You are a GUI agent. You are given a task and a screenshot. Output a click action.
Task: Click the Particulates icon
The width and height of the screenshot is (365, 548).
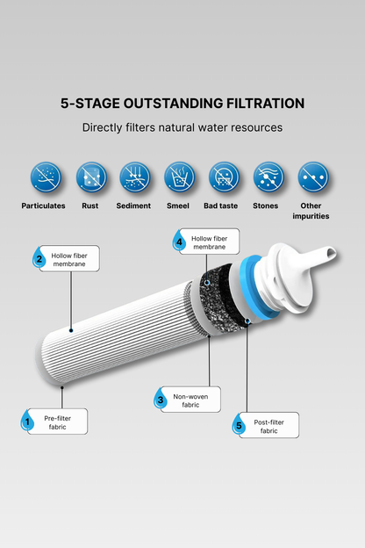click(x=46, y=177)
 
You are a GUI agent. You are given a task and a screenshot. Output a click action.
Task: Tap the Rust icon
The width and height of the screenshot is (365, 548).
click(x=91, y=177)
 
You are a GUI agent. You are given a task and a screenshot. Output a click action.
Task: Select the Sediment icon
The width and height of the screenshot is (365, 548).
click(x=135, y=177)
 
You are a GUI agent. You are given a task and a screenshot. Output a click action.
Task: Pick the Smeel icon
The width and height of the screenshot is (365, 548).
click(x=180, y=177)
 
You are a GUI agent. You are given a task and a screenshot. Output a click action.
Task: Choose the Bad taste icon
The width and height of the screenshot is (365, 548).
click(x=224, y=177)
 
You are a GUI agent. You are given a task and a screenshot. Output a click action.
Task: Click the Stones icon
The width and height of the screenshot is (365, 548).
click(x=268, y=177)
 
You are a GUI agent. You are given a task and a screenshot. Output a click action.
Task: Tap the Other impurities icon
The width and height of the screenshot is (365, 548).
click(x=313, y=177)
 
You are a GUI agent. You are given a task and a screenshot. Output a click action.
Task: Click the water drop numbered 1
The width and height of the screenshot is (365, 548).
click(x=27, y=421)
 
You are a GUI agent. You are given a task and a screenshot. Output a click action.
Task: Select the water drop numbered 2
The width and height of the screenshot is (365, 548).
click(x=39, y=257)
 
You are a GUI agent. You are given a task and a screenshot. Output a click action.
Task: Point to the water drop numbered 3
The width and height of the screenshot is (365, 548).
click(x=160, y=398)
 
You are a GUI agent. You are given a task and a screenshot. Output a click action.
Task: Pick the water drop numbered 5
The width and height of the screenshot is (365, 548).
click(x=239, y=424)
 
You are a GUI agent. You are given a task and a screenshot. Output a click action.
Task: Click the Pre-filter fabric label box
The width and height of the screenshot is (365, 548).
click(x=58, y=422)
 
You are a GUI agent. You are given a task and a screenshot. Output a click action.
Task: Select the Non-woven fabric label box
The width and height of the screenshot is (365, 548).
click(x=190, y=400)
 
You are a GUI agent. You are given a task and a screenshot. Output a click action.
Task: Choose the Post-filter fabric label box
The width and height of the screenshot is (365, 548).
click(x=269, y=425)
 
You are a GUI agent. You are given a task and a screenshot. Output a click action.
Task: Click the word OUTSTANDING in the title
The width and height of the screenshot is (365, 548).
click(x=173, y=104)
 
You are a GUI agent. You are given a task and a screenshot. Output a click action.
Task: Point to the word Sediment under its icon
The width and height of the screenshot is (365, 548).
click(x=133, y=205)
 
